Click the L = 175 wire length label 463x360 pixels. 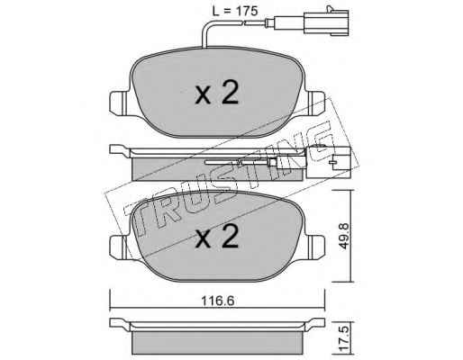(x=234, y=11)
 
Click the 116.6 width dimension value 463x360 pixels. (x=217, y=301)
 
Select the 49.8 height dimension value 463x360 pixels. (x=344, y=236)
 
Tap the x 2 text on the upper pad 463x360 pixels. (x=217, y=93)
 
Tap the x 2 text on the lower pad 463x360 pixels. (x=217, y=237)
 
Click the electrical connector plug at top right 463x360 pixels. (x=326, y=21)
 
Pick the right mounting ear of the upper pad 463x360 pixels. (x=315, y=103)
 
